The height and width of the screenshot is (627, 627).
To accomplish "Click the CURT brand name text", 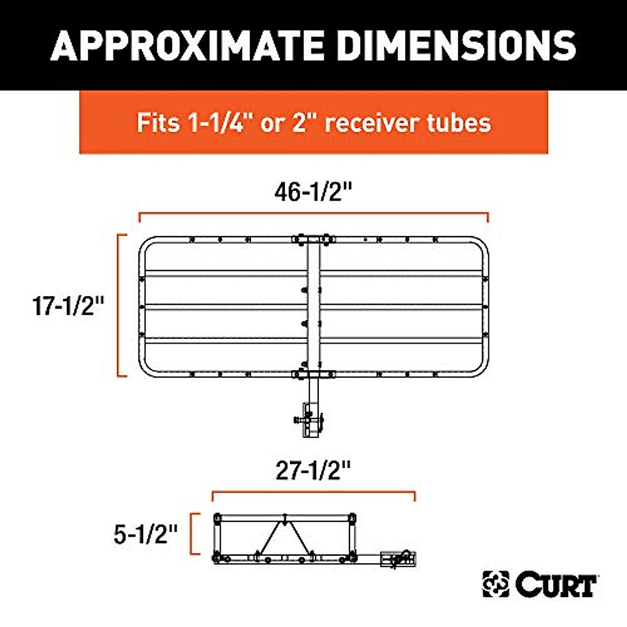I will point(557,585).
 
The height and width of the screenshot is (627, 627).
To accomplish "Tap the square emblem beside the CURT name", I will point(495,584).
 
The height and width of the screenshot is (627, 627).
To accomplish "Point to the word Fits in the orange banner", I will point(154,123).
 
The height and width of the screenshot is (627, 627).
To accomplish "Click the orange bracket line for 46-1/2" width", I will point(313,214).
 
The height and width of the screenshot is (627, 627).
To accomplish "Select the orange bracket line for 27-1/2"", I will point(313,492).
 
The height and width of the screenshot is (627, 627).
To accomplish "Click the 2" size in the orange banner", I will point(300,123).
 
